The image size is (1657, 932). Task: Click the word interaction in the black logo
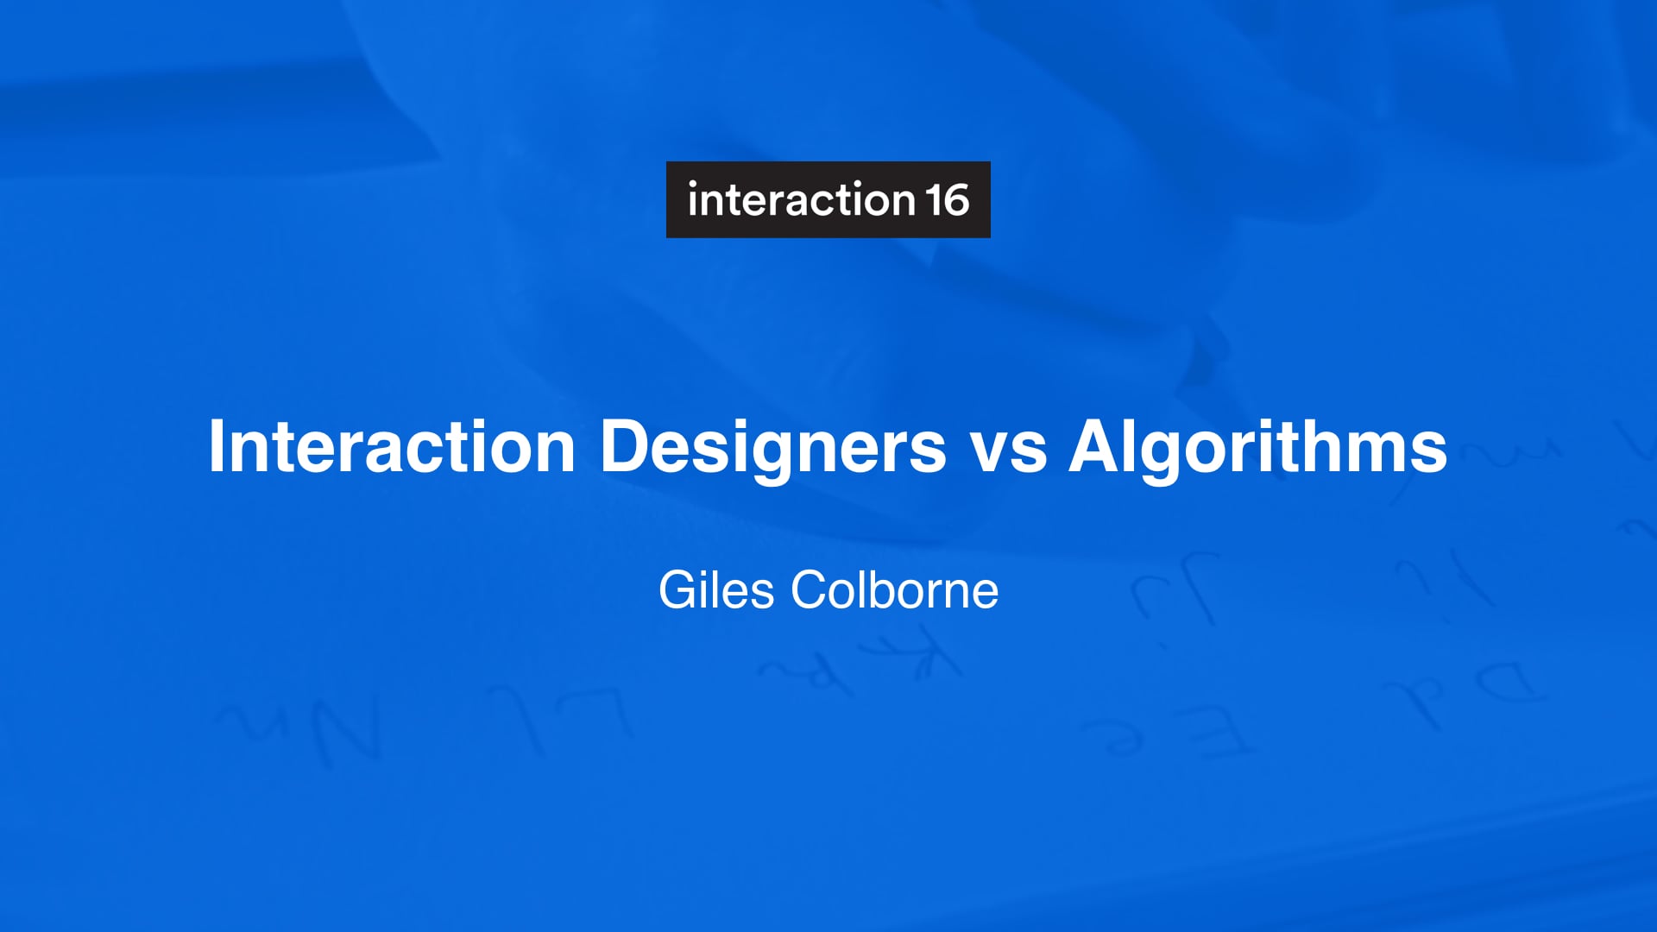pyautogui.click(x=801, y=200)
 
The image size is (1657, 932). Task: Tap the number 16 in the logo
pyautogui.click(x=948, y=200)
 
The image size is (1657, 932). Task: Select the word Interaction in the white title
pyautogui.click(x=392, y=447)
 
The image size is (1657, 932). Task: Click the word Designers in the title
pyautogui.click(x=773, y=447)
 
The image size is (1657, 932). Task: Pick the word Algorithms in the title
pyautogui.click(x=1258, y=447)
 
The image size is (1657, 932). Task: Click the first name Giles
pyautogui.click(x=716, y=590)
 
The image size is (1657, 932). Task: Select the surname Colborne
pyautogui.click(x=895, y=590)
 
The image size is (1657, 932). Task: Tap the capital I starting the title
pyautogui.click(x=217, y=446)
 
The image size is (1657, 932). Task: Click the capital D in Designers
pyautogui.click(x=624, y=446)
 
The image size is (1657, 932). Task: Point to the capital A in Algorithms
pyautogui.click(x=1095, y=446)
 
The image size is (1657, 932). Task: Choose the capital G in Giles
pyautogui.click(x=677, y=590)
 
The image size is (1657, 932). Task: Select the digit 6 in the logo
pyautogui.click(x=957, y=200)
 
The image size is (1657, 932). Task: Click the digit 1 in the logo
pyautogui.click(x=935, y=200)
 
